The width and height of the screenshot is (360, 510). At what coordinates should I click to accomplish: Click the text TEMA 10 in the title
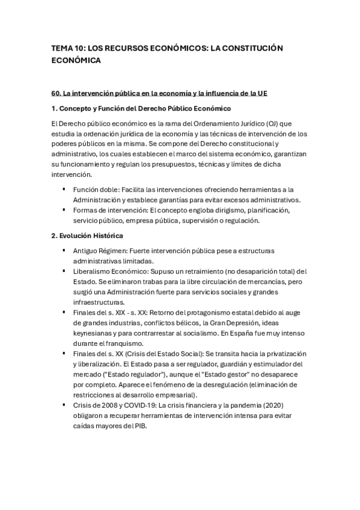pos(67,48)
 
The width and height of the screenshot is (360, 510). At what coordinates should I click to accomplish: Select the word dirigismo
pos(220,210)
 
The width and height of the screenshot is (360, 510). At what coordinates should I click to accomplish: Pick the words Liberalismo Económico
pos(109,271)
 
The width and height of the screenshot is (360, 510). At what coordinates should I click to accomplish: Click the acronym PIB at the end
pos(139,426)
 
